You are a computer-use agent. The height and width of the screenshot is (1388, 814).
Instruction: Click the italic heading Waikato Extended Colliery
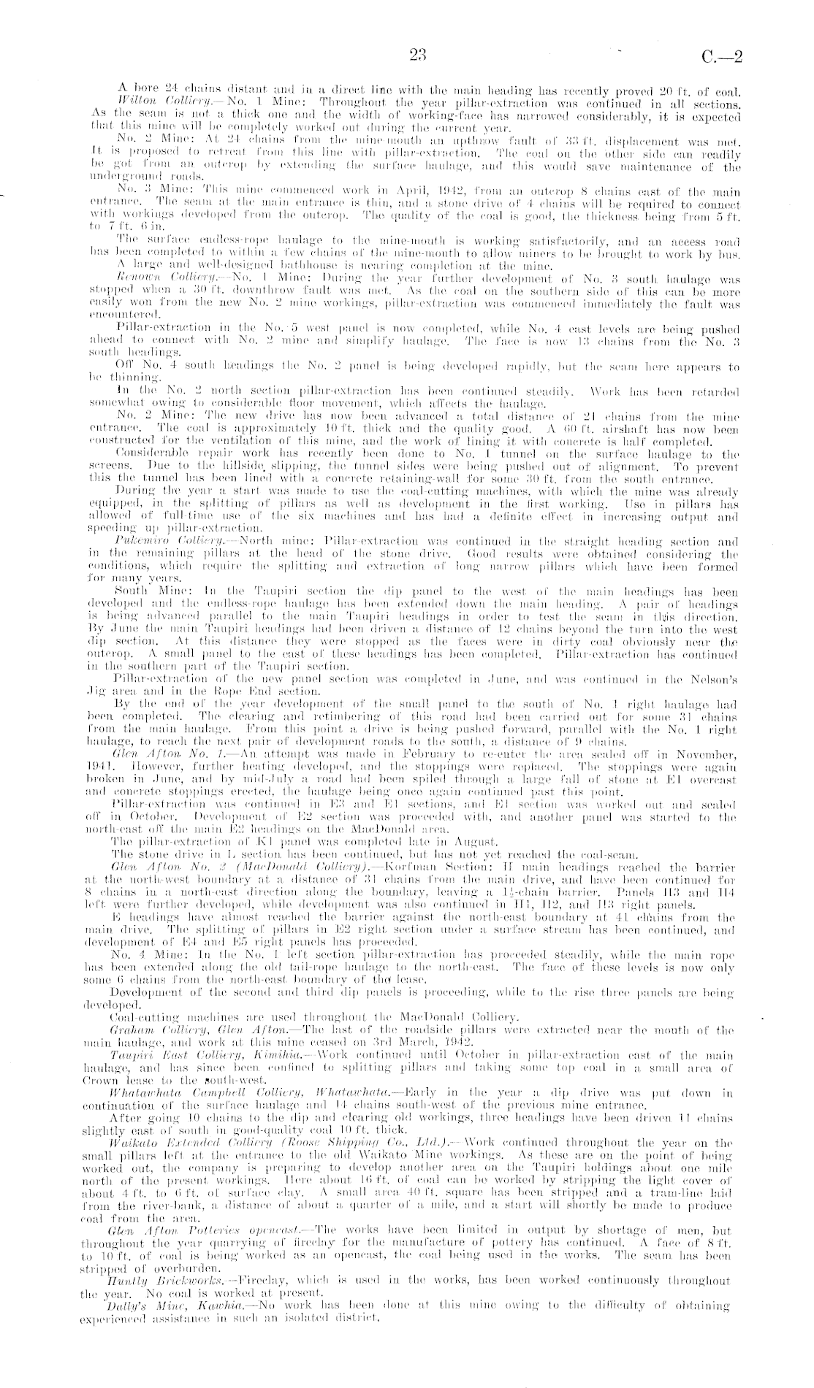[x=188, y=1141]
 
